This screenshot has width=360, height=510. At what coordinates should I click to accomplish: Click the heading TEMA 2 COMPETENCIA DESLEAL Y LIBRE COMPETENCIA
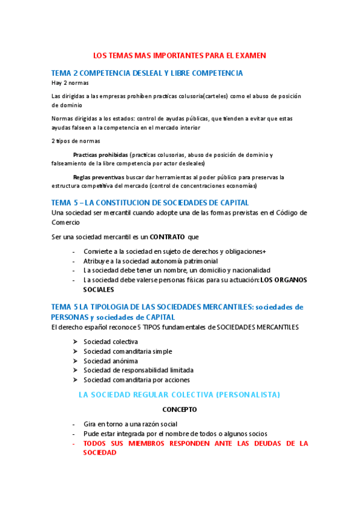click(147, 73)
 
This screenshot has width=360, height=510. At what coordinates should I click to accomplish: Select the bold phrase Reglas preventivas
click(99, 177)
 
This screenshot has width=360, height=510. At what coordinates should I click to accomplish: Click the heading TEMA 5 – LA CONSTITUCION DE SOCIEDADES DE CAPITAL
click(150, 203)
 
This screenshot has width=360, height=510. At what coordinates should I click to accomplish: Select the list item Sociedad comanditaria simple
click(127, 351)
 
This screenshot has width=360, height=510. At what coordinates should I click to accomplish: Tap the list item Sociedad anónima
click(106, 361)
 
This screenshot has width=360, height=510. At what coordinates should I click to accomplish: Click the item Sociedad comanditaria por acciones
click(136, 380)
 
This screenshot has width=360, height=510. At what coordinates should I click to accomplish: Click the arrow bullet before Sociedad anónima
click(75, 361)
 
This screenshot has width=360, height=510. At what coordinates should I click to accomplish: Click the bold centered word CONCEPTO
click(180, 410)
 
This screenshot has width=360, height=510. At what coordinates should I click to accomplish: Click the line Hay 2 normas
click(70, 83)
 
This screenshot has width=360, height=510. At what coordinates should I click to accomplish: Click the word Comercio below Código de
click(69, 222)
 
